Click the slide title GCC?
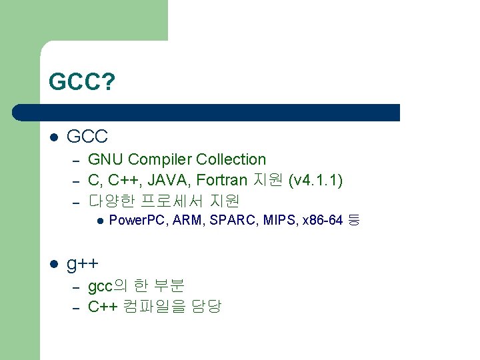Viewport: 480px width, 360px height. point(82,83)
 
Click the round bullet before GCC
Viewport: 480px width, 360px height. point(55,137)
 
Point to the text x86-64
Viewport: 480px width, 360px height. point(323,221)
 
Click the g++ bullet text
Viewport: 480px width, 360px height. point(83,265)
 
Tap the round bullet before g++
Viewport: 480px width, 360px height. point(55,265)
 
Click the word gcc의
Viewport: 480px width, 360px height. point(107,286)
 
